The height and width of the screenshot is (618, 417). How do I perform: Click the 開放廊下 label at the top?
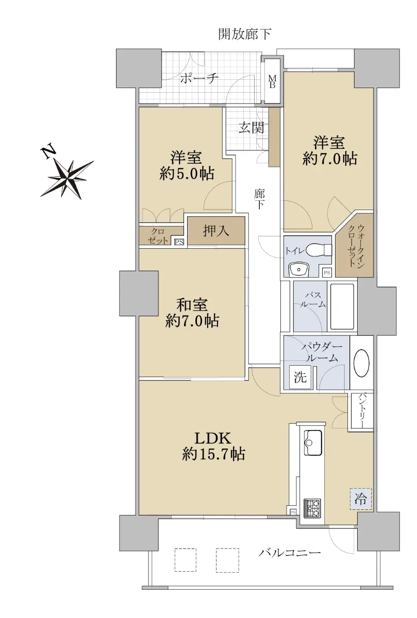(x=244, y=34)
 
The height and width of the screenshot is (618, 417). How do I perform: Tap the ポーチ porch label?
(x=199, y=78)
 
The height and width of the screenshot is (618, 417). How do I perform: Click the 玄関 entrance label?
(x=251, y=128)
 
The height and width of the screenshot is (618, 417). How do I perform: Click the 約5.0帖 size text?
(x=187, y=174)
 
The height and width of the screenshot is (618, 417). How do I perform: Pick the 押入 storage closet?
(x=216, y=231)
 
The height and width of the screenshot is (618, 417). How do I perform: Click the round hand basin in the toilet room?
(x=299, y=269)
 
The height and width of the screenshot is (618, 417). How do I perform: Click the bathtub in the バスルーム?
(x=342, y=306)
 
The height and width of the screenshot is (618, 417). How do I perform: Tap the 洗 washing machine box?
(x=300, y=377)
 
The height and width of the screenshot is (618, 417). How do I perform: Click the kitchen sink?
(x=313, y=442)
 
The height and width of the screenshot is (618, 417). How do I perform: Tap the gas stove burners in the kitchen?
(x=312, y=508)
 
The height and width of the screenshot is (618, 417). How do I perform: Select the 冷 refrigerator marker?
(x=361, y=499)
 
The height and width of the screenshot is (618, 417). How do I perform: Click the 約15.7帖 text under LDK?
(x=213, y=453)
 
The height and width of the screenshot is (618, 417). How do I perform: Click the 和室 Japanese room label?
(x=192, y=305)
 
